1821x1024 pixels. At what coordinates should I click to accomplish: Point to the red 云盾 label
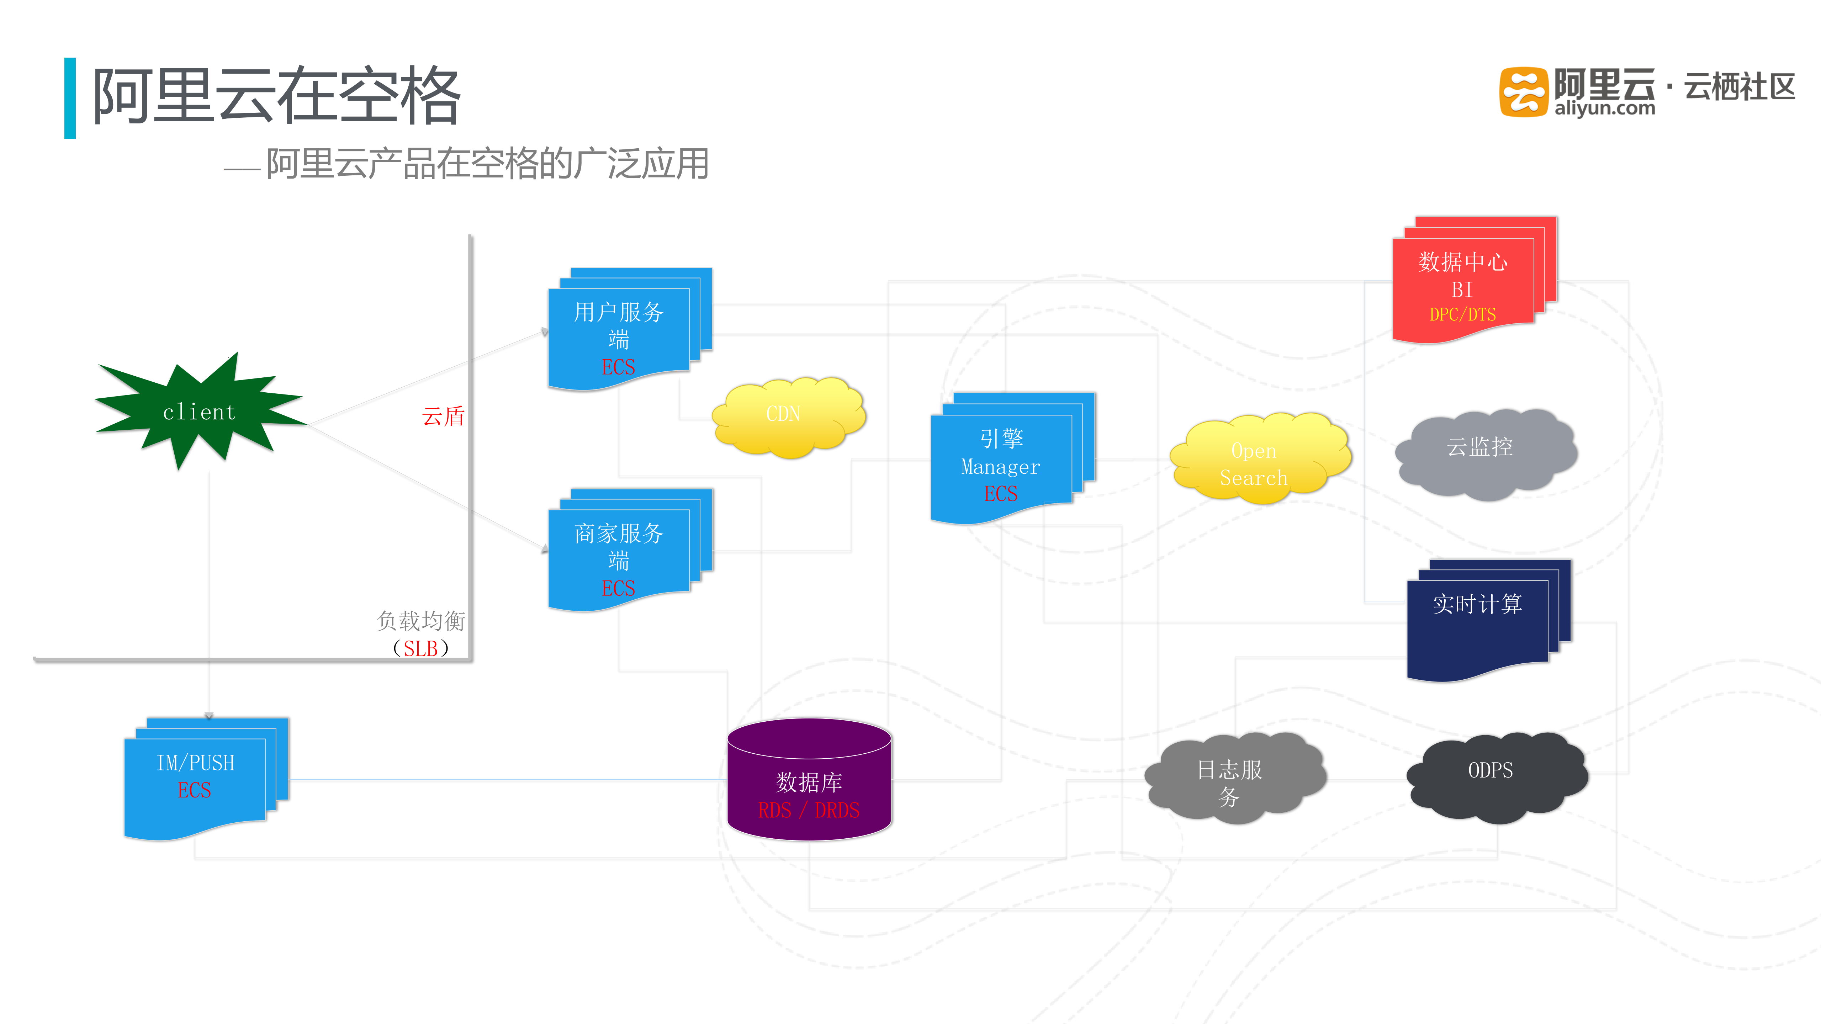[443, 416]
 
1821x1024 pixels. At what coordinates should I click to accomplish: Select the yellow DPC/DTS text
[1462, 314]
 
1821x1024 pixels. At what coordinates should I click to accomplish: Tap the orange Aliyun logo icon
[1523, 92]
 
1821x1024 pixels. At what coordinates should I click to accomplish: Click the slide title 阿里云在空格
[276, 95]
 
